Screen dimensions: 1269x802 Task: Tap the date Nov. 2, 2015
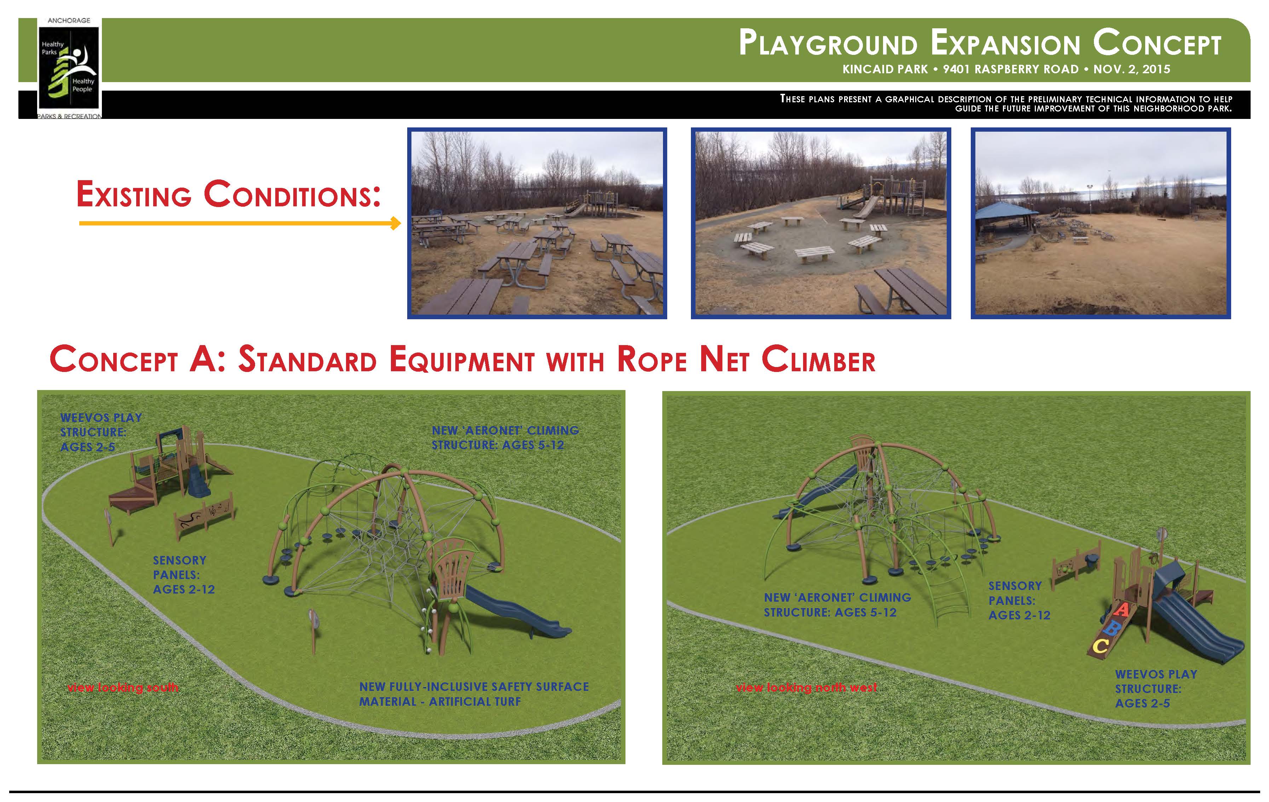(1131, 69)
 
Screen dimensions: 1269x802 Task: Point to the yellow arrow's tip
(400, 223)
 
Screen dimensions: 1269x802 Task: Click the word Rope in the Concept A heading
(652, 360)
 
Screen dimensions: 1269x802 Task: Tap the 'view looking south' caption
(123, 688)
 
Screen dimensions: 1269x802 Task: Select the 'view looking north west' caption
(806, 688)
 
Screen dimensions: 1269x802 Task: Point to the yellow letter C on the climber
(1100, 646)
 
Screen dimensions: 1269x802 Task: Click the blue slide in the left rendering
(517, 611)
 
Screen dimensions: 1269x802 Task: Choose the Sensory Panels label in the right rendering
(1019, 601)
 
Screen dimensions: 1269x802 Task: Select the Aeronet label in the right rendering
(837, 605)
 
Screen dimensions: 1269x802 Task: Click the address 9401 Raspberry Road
(1010, 69)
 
